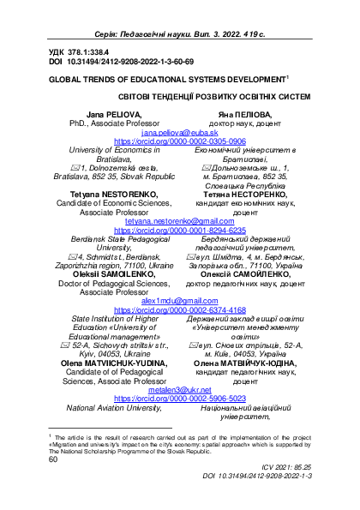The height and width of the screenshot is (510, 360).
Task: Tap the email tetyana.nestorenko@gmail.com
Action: click(180, 221)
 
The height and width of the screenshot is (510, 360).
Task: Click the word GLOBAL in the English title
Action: click(65, 76)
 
